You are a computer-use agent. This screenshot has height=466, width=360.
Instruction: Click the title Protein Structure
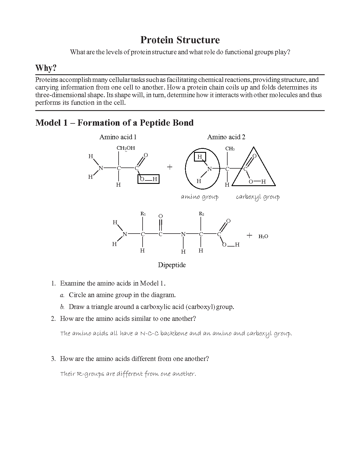[180, 40]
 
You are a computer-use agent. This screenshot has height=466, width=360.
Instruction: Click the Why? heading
[46, 68]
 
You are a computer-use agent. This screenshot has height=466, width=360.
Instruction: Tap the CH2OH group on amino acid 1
[126, 148]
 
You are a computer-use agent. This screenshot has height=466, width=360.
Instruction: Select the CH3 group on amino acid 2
[230, 149]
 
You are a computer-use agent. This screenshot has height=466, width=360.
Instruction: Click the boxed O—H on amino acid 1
[149, 179]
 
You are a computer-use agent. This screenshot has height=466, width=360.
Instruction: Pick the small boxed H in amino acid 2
[200, 157]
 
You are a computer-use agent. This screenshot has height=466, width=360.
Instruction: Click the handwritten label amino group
[200, 197]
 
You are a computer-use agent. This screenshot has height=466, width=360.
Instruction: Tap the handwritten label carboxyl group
[258, 197]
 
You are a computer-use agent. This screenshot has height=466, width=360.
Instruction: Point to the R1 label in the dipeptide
[143, 214]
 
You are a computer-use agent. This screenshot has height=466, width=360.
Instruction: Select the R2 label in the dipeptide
[201, 214]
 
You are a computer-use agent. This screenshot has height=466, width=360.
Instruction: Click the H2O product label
[263, 236]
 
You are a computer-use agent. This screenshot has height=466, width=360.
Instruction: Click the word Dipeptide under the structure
[172, 265]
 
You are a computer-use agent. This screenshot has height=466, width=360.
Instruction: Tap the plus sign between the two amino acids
[169, 167]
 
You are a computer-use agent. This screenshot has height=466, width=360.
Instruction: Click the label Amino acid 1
[118, 137]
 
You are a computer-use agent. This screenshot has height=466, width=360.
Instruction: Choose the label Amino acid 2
[226, 137]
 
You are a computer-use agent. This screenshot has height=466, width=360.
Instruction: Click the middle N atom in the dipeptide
[183, 234]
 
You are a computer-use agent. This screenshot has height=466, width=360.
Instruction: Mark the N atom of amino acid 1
[101, 168]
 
